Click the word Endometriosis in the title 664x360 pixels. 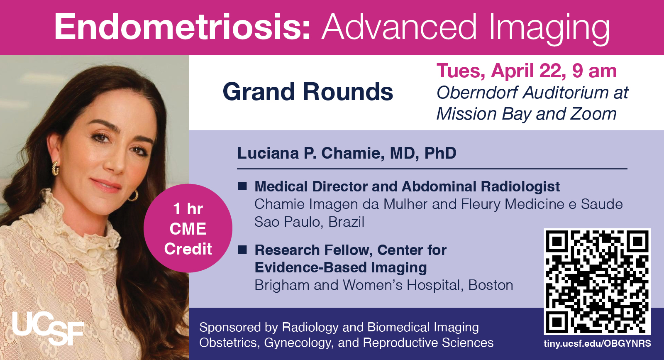tap(182, 27)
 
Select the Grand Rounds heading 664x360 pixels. tap(308, 92)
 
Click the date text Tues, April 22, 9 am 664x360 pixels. tap(527, 71)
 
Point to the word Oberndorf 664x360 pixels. tap(477, 93)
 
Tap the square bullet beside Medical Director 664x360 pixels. tap(242, 186)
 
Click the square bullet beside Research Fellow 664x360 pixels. tap(242, 250)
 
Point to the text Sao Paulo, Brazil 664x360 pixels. tap(309, 222)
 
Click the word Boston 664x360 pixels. tap(491, 285)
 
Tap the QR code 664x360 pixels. tap(597, 282)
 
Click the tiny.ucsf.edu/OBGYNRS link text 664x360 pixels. tap(597, 343)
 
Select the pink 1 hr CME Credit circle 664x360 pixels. tap(188, 228)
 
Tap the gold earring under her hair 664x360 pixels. tap(56, 168)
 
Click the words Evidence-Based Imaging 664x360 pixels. tap(341, 267)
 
